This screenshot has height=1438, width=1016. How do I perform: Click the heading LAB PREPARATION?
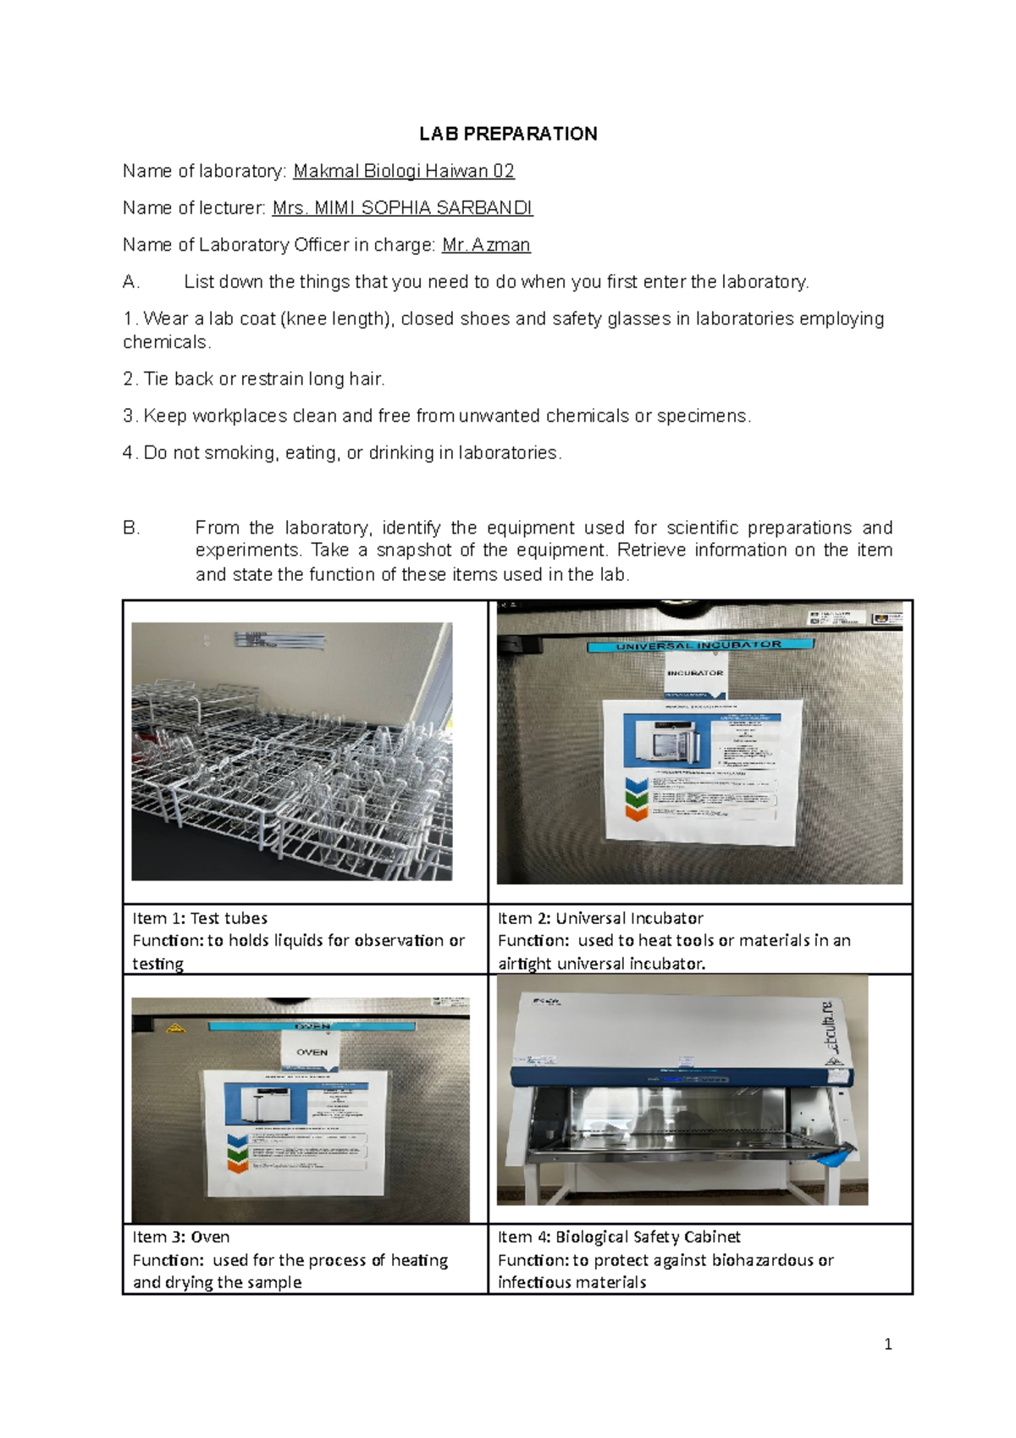click(x=508, y=134)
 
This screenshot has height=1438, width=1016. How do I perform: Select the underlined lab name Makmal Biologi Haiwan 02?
click(x=404, y=171)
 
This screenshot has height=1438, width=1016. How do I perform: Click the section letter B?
click(x=131, y=528)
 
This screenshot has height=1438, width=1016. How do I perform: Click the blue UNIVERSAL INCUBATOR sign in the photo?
click(x=698, y=645)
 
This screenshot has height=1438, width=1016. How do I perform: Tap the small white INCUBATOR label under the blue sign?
click(x=695, y=673)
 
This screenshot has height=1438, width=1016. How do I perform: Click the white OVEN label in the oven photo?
click(x=312, y=1052)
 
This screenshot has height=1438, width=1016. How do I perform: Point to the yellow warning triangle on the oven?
click(x=178, y=1029)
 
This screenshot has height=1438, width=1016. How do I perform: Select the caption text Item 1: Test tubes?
click(x=200, y=918)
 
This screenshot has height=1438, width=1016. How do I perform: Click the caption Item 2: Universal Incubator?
click(x=600, y=918)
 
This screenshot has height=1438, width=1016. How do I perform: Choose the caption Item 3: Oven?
click(x=181, y=1237)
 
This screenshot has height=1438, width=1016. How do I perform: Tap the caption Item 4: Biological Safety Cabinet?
click(x=619, y=1237)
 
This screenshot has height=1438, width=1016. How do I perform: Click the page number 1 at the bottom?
click(x=887, y=1344)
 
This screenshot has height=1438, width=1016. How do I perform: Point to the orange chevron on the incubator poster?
click(x=636, y=813)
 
